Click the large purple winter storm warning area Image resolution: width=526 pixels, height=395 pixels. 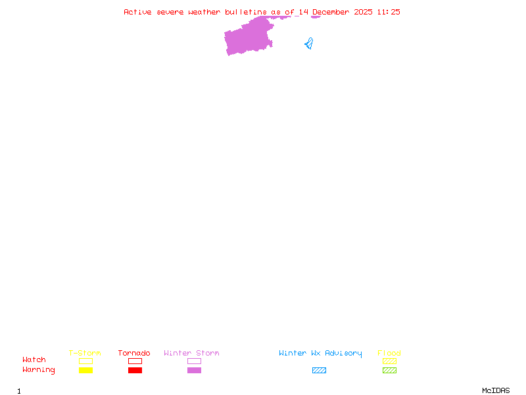pyautogui.click(x=249, y=37)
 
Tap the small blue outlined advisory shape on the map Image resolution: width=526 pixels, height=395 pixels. pyautogui.click(x=310, y=44)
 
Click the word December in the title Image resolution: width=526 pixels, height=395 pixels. pyautogui.click(x=331, y=12)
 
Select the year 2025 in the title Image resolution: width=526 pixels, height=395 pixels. pyautogui.click(x=364, y=12)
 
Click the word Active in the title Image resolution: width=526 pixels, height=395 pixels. pyautogui.click(x=137, y=12)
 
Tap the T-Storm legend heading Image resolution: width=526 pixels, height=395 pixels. pyautogui.click(x=85, y=353)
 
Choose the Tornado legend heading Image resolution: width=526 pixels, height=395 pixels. pyautogui.click(x=134, y=353)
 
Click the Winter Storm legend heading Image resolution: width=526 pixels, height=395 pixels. pyautogui.click(x=191, y=353)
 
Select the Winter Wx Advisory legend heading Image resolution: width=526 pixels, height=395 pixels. pyautogui.click(x=320, y=354)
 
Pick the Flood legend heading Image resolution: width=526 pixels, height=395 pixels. pyautogui.click(x=389, y=353)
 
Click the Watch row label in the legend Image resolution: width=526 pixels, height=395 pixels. pyautogui.click(x=34, y=359)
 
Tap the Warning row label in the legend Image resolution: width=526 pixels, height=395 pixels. pyautogui.click(x=39, y=370)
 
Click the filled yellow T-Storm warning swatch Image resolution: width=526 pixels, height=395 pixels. pyautogui.click(x=86, y=370)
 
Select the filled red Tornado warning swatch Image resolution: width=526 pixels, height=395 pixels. pyautogui.click(x=135, y=370)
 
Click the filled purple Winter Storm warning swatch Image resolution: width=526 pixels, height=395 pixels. pyautogui.click(x=194, y=370)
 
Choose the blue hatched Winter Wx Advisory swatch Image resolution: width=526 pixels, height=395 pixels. pyautogui.click(x=319, y=370)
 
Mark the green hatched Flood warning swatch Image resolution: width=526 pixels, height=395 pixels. pyautogui.click(x=389, y=370)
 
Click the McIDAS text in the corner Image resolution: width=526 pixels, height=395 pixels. pyautogui.click(x=496, y=390)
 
